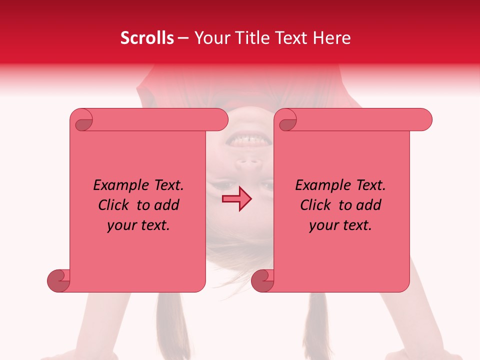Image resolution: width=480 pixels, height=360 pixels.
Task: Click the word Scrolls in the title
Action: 147,38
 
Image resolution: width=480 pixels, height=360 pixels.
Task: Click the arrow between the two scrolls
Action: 237,199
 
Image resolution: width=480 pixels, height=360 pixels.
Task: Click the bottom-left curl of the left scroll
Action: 59,280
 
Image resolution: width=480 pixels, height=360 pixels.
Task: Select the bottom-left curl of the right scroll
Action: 263,280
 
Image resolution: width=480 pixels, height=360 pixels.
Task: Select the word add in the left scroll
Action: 166,205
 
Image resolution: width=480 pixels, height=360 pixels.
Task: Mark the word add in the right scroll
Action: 368,205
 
